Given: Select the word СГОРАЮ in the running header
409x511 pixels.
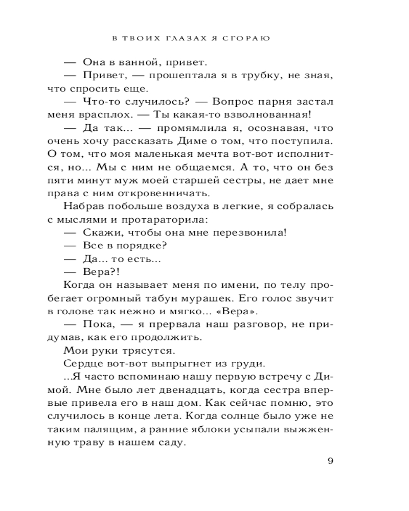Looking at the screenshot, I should pos(246,38).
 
